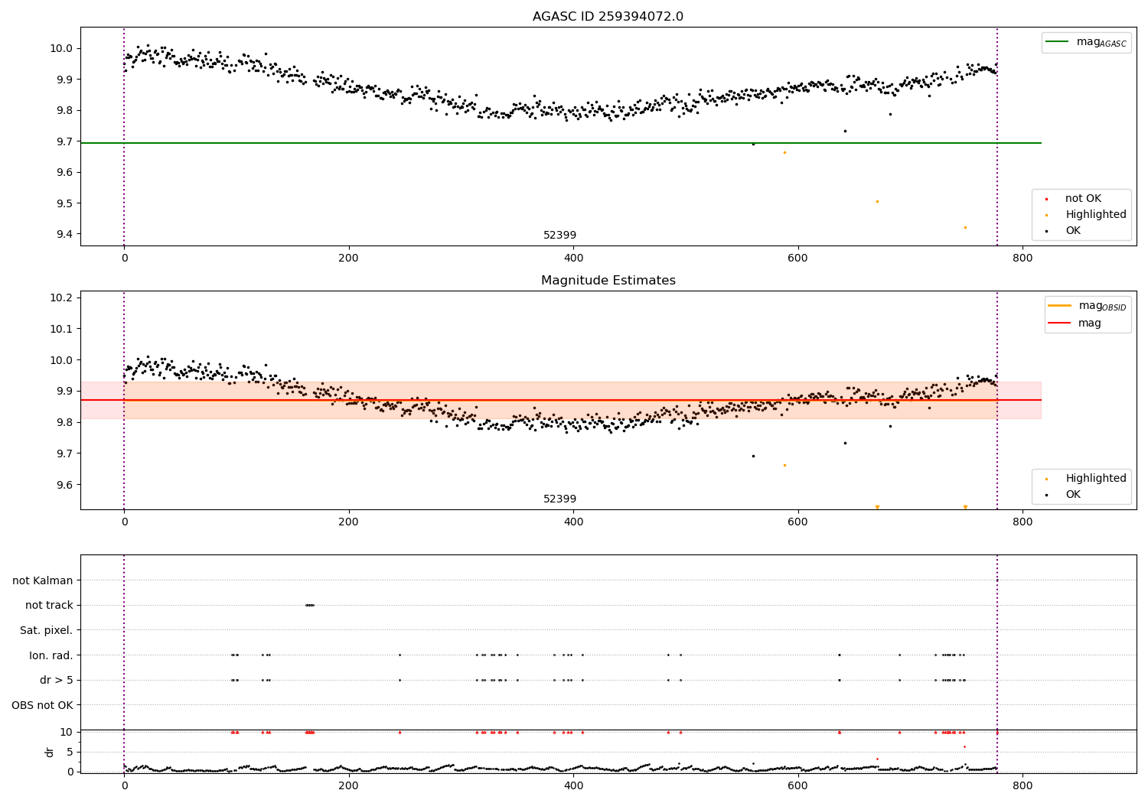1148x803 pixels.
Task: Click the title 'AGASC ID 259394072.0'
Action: click(608, 17)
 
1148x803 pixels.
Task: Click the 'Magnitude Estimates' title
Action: click(608, 281)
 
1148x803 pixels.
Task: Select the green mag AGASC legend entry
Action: click(1086, 42)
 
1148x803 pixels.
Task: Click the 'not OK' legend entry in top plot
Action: click(1082, 199)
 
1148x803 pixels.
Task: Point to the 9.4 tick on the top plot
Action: click(64, 235)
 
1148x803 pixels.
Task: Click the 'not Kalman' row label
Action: click(43, 580)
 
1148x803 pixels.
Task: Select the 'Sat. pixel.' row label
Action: click(46, 630)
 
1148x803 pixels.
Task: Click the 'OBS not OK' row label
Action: click(42, 705)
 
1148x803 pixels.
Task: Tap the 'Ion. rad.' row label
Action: click(51, 655)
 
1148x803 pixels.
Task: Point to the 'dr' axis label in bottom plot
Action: click(50, 752)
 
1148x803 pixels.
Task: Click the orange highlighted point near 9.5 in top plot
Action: click(877, 201)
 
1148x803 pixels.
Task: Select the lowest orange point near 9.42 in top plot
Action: click(965, 227)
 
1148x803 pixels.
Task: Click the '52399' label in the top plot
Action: click(559, 236)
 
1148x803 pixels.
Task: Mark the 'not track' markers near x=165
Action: click(309, 605)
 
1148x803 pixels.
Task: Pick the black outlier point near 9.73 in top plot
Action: click(845, 131)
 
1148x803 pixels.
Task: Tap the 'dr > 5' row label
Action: click(56, 680)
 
